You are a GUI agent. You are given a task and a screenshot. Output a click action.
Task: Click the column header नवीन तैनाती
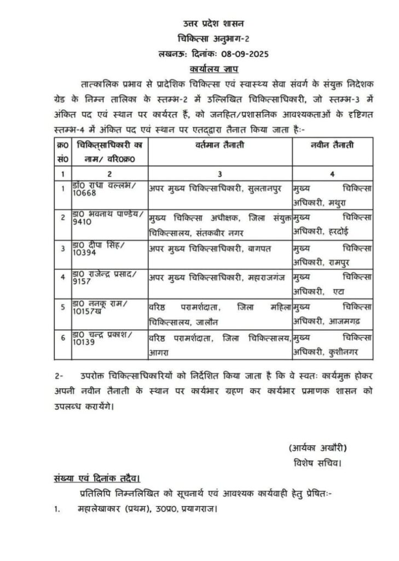click(333, 145)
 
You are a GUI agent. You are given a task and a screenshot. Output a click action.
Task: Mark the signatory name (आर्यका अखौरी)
click(317, 448)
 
